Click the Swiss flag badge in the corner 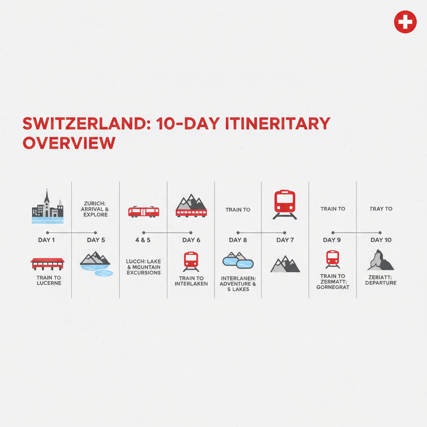pos(405,22)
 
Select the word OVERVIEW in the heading pos(69,143)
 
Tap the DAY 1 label pos(46,240)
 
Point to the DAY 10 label pos(381,240)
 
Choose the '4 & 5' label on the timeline pos(143,240)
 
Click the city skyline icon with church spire pos(48,207)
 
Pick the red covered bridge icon pos(48,264)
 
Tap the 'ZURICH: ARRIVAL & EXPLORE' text pos(95,209)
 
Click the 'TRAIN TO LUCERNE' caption pos(49,280)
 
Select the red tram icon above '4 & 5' pos(143,211)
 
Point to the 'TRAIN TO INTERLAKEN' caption pos(191,281)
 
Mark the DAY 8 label pos(238,240)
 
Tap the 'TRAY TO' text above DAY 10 pos(381,208)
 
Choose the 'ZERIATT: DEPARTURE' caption pos(380,280)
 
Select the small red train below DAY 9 pos(332,259)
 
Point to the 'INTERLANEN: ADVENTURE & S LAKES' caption pos(238,284)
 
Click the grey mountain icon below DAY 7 pos(285,264)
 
